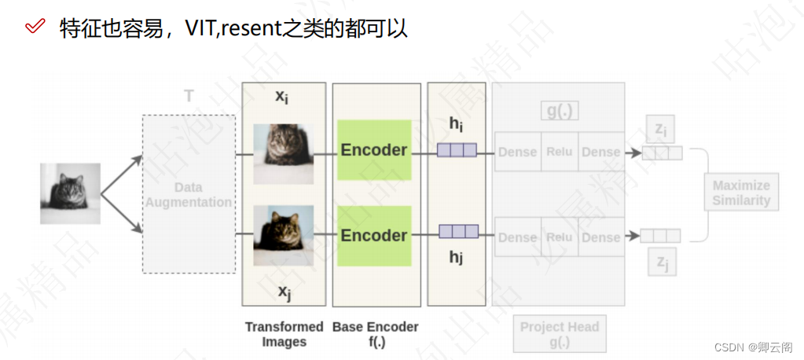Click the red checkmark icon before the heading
click(35, 27)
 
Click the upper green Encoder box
click(374, 149)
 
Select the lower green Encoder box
click(374, 235)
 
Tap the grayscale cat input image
click(71, 193)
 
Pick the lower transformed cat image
click(283, 235)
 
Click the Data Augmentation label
click(189, 194)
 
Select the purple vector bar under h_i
click(457, 150)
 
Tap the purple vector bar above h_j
click(458, 231)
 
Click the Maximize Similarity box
click(741, 193)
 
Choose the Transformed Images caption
click(284, 334)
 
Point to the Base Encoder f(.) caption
click(376, 334)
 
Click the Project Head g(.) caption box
click(559, 334)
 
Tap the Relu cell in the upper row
click(559, 152)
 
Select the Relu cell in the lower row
click(559, 237)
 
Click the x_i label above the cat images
click(281, 97)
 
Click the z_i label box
click(660, 129)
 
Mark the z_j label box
click(662, 263)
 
